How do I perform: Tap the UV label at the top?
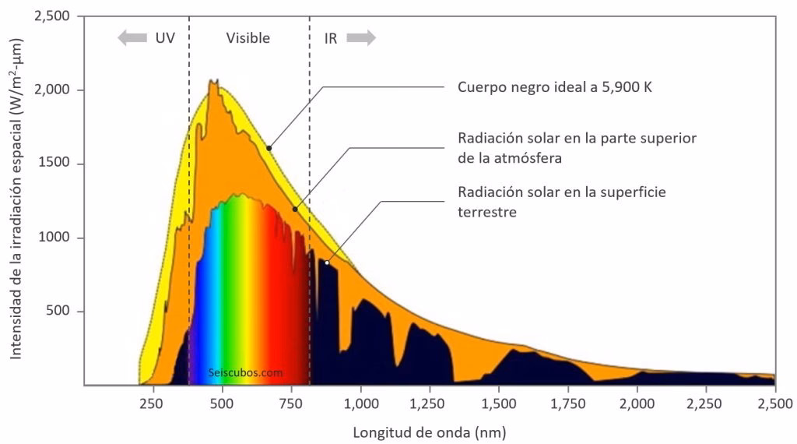164,38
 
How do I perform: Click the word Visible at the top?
248,38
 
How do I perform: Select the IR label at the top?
331,38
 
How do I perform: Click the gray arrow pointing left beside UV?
132,38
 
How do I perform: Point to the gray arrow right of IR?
361,38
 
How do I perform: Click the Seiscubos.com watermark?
246,372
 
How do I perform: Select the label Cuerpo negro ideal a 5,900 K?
554,87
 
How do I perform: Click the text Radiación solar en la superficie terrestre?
563,201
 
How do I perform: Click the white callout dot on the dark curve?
327,263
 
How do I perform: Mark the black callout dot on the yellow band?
269,147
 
